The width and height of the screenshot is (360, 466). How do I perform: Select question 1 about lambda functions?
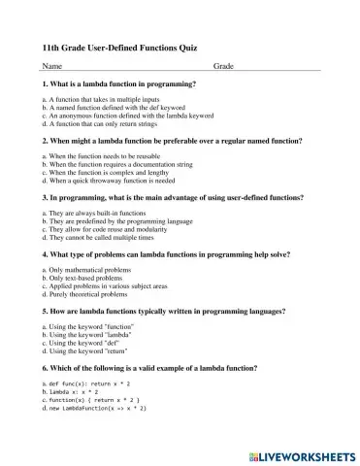[120, 85]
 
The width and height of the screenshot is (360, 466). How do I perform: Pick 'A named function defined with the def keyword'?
[111, 108]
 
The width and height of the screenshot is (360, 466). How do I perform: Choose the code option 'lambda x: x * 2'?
[78, 393]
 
